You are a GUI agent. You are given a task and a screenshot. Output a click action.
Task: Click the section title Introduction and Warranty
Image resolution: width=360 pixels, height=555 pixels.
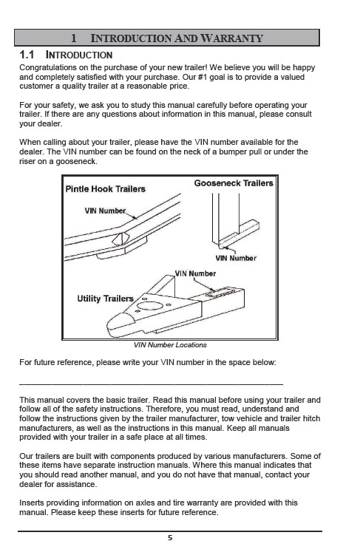tap(177, 38)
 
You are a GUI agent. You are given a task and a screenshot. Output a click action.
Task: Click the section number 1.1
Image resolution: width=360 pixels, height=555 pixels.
tap(27, 55)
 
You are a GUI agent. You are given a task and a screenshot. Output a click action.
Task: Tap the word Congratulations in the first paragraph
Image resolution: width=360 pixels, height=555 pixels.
tap(48, 67)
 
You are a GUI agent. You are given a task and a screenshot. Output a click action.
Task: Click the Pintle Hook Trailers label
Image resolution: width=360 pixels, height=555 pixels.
tap(106, 188)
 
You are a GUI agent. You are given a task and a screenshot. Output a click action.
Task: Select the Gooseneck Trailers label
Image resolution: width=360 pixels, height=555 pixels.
tap(234, 183)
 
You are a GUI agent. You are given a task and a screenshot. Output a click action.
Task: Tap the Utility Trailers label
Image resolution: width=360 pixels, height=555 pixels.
tap(105, 299)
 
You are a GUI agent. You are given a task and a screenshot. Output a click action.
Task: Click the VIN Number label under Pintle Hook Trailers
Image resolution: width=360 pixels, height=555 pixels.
tap(105, 211)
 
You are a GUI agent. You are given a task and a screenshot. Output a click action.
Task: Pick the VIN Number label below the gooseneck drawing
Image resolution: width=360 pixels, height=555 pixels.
tap(236, 258)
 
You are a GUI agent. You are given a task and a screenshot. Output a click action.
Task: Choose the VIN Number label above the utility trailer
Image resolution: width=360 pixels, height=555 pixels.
tap(195, 273)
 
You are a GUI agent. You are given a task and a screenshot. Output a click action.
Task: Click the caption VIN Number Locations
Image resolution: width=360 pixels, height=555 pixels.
tap(170, 345)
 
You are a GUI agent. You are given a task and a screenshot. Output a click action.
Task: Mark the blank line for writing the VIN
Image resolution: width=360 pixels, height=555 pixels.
tap(151, 384)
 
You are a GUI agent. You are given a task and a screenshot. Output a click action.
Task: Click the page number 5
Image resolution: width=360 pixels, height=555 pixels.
tap(170, 538)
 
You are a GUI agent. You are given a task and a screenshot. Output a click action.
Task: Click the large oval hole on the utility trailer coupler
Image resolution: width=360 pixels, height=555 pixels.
tap(150, 305)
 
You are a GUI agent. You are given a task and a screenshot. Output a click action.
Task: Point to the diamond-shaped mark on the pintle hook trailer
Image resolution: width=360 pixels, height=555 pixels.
tap(120, 239)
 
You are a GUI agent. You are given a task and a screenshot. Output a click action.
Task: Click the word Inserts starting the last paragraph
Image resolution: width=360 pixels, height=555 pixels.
tap(32, 503)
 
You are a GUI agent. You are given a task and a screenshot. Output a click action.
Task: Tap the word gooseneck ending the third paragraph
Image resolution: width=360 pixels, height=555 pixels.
tap(76, 161)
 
